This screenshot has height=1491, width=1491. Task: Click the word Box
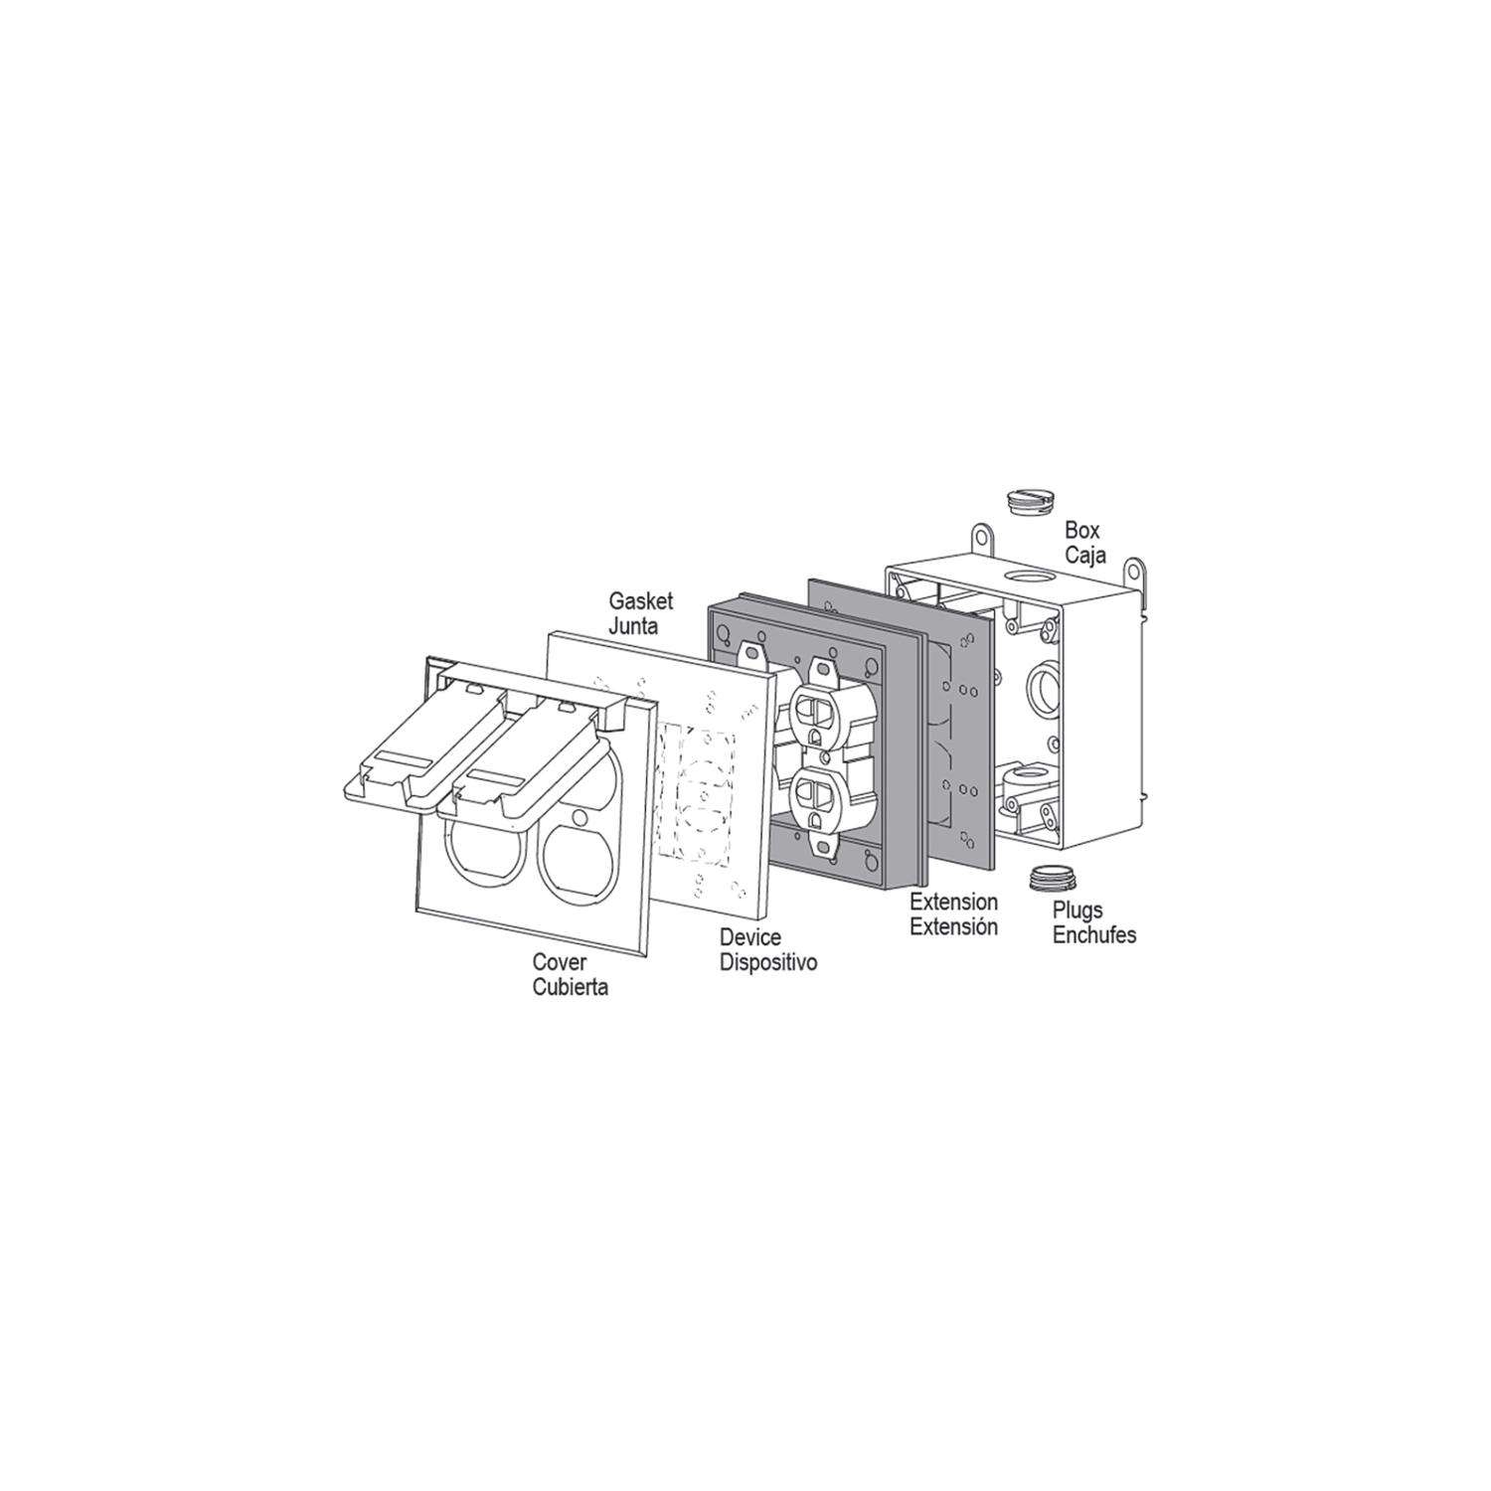[x=1082, y=531]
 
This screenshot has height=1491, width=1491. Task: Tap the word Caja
[x=1086, y=556]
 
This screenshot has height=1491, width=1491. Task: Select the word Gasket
[x=640, y=601]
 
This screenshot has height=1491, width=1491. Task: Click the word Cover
[x=560, y=962]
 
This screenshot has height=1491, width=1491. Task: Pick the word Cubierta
[x=570, y=988]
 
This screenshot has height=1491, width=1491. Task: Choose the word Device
[x=750, y=937]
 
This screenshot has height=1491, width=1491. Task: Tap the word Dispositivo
[x=768, y=962]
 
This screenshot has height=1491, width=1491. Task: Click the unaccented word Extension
[x=954, y=903]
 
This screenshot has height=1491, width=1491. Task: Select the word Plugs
[x=1078, y=911]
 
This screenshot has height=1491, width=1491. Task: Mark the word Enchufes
[x=1093, y=935]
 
